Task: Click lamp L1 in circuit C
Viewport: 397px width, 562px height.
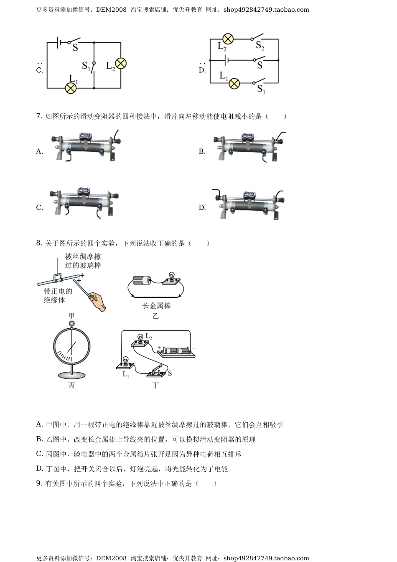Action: (71, 88)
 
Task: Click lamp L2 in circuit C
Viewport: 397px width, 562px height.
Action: (121, 64)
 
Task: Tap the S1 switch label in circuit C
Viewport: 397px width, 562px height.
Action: (86, 66)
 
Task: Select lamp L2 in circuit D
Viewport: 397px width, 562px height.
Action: (227, 39)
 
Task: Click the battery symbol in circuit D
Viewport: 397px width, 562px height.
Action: (226, 61)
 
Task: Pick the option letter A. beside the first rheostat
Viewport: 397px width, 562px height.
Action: (40, 152)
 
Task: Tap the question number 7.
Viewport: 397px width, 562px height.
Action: (38, 116)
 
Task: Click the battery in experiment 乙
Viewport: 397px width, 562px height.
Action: (141, 280)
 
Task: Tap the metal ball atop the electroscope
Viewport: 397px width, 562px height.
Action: (71, 323)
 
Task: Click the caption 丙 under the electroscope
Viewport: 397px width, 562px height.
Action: (71, 386)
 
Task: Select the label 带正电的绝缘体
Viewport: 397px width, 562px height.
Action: (58, 295)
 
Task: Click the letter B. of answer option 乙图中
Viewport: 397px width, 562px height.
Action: (40, 439)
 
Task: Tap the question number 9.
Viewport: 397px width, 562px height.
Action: (38, 483)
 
